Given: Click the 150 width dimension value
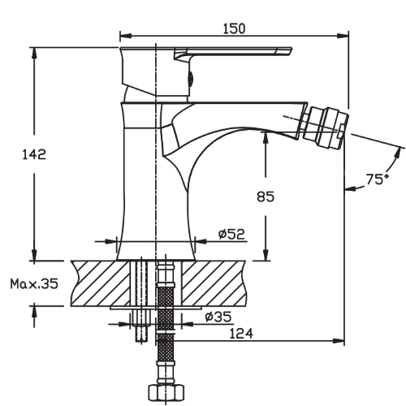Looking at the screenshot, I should pyautogui.click(x=233, y=28).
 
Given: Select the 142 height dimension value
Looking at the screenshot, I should pyautogui.click(x=20, y=154).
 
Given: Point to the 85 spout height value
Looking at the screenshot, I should pyautogui.click(x=266, y=196).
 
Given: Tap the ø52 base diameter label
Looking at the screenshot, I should pyautogui.click(x=231, y=234).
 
